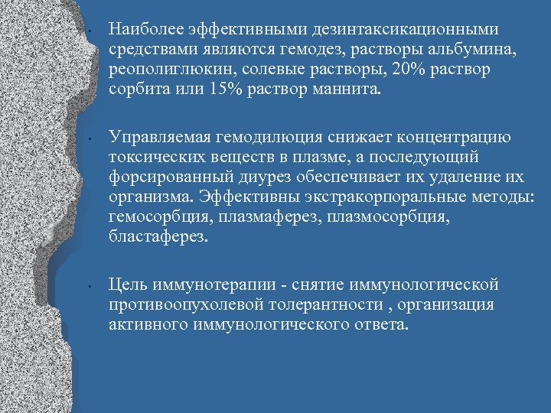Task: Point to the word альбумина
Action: (467, 50)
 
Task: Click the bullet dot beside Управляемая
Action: (90, 141)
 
